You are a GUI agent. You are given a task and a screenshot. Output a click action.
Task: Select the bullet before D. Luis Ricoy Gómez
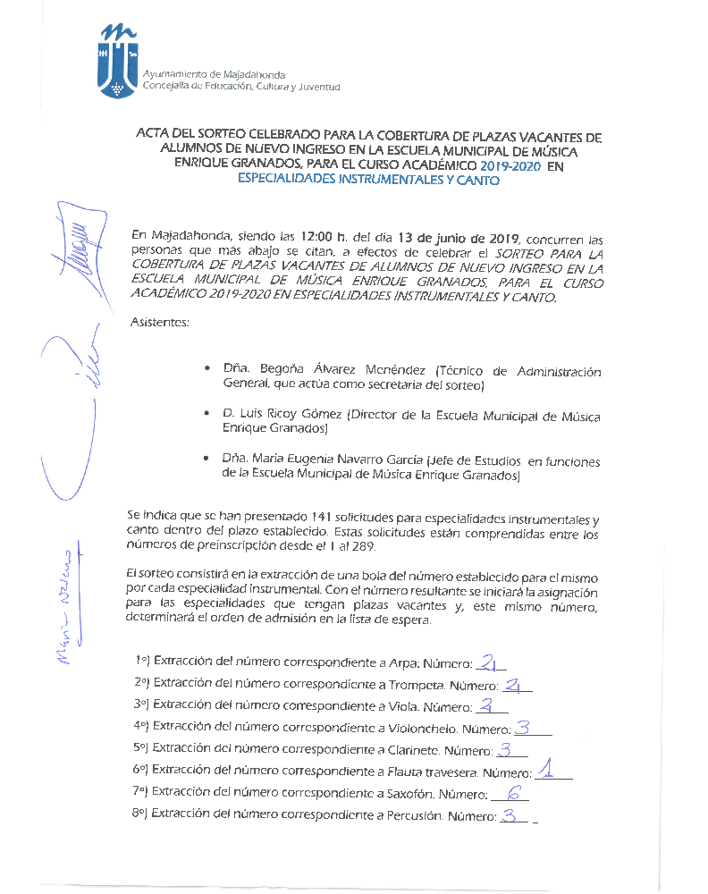click(206, 416)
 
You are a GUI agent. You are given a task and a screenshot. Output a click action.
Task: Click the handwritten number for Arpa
click(489, 662)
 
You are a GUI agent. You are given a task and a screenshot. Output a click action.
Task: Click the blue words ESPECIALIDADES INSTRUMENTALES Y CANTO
click(368, 181)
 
